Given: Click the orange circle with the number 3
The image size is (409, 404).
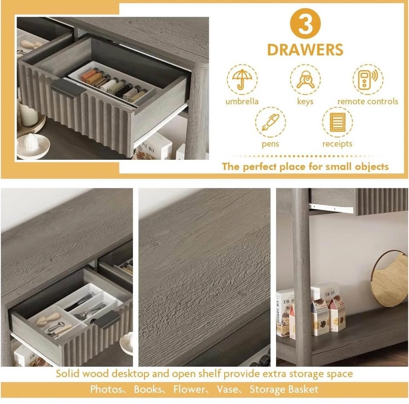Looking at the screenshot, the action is point(305,23).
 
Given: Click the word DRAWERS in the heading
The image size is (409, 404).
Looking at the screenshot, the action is point(305,49).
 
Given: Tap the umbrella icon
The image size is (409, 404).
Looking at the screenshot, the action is point(242,79).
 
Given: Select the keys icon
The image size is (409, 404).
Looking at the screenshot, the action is point(305,79).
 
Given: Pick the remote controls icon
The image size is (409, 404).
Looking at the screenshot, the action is point(368,79).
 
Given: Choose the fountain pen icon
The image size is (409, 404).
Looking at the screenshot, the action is point(271,122).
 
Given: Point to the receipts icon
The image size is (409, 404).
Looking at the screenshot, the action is point(337,122).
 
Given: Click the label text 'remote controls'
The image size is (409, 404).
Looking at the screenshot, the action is point(368,101).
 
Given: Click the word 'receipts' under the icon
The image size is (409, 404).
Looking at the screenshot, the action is point(337,144).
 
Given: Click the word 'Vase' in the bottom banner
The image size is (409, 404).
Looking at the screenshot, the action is point(227,390).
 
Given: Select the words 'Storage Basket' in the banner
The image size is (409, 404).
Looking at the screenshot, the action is point(284,390).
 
